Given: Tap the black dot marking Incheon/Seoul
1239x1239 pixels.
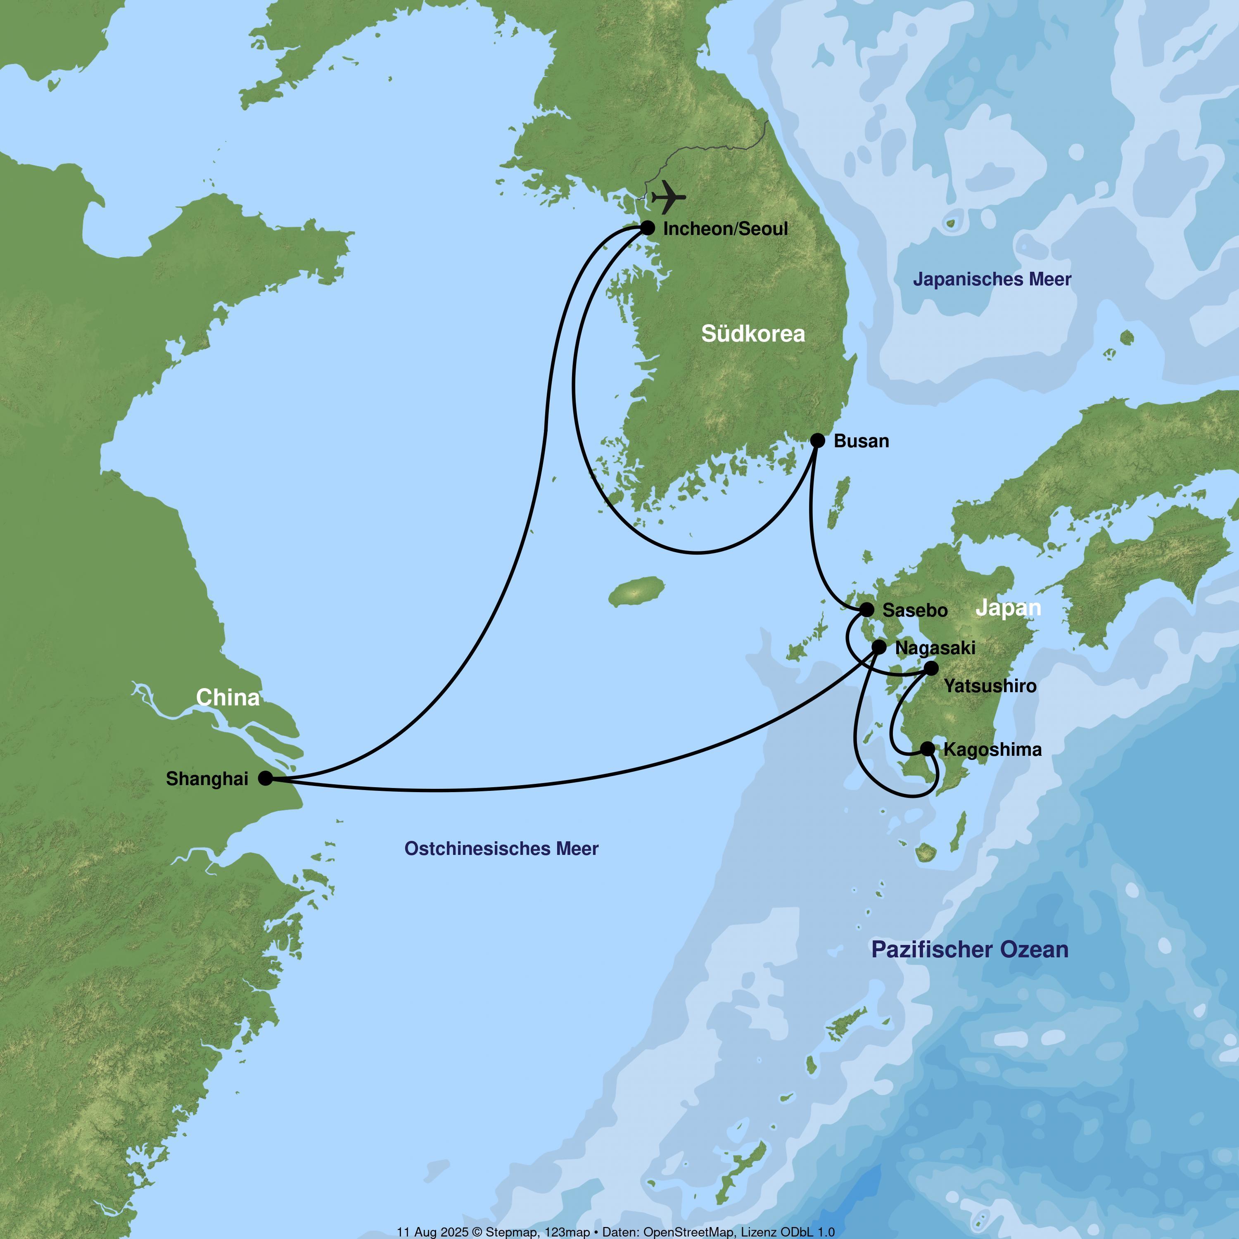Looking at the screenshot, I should click(x=648, y=228).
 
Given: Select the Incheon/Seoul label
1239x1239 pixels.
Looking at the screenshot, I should click(x=725, y=229).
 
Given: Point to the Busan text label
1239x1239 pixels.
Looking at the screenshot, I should click(x=861, y=441).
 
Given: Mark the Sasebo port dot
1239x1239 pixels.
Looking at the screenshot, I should click(x=866, y=609).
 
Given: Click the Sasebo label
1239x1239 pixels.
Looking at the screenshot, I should click(x=914, y=610).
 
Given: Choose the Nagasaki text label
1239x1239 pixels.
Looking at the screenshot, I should click(x=935, y=648).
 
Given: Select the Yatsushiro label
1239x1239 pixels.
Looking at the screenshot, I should click(x=990, y=686).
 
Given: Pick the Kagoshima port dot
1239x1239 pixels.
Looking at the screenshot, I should click(x=927, y=748).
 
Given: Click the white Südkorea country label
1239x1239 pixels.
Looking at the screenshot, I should click(x=753, y=333).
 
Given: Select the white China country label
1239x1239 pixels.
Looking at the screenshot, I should click(x=228, y=698).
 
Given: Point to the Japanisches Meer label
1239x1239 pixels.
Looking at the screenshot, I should click(x=992, y=280).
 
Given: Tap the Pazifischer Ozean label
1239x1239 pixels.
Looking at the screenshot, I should click(x=970, y=950).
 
